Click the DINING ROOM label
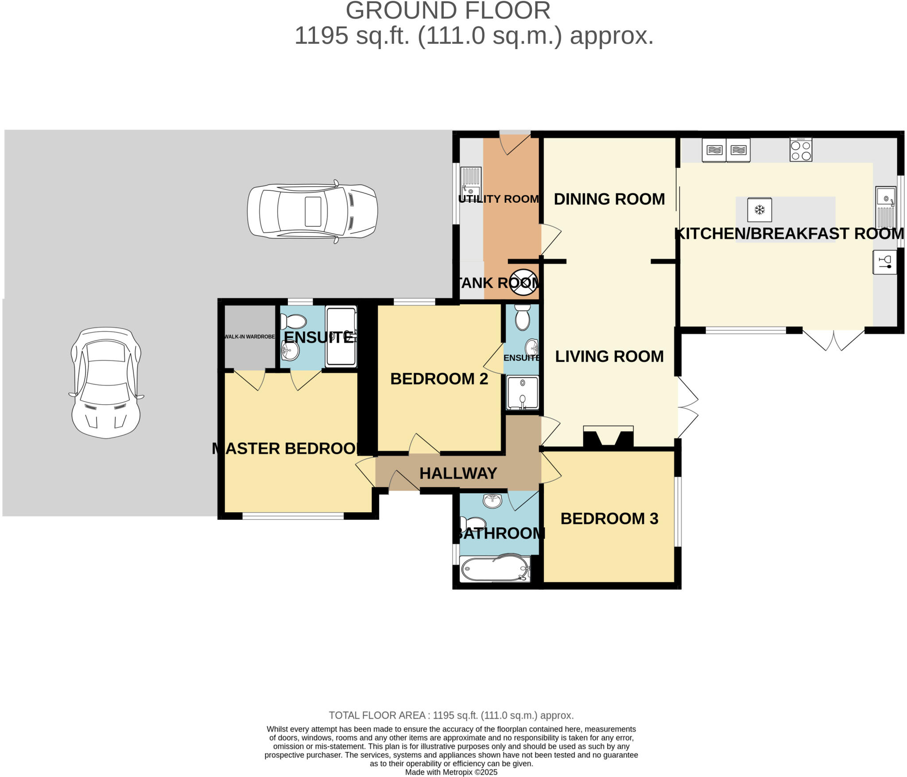[x=609, y=199]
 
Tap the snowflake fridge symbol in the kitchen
[x=759, y=209]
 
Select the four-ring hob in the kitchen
[x=801, y=150]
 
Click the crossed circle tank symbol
[x=524, y=282]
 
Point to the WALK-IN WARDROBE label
[x=250, y=336]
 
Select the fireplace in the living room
[x=608, y=437]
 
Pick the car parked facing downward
[x=106, y=383]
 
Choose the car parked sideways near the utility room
[x=312, y=212]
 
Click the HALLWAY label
[x=458, y=473]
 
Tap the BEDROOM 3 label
[x=609, y=518]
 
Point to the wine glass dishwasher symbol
[x=884, y=262]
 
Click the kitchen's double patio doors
[x=833, y=340]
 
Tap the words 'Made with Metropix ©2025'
[x=451, y=772]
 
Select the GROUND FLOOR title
[x=448, y=11]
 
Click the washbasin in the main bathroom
[x=492, y=501]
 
